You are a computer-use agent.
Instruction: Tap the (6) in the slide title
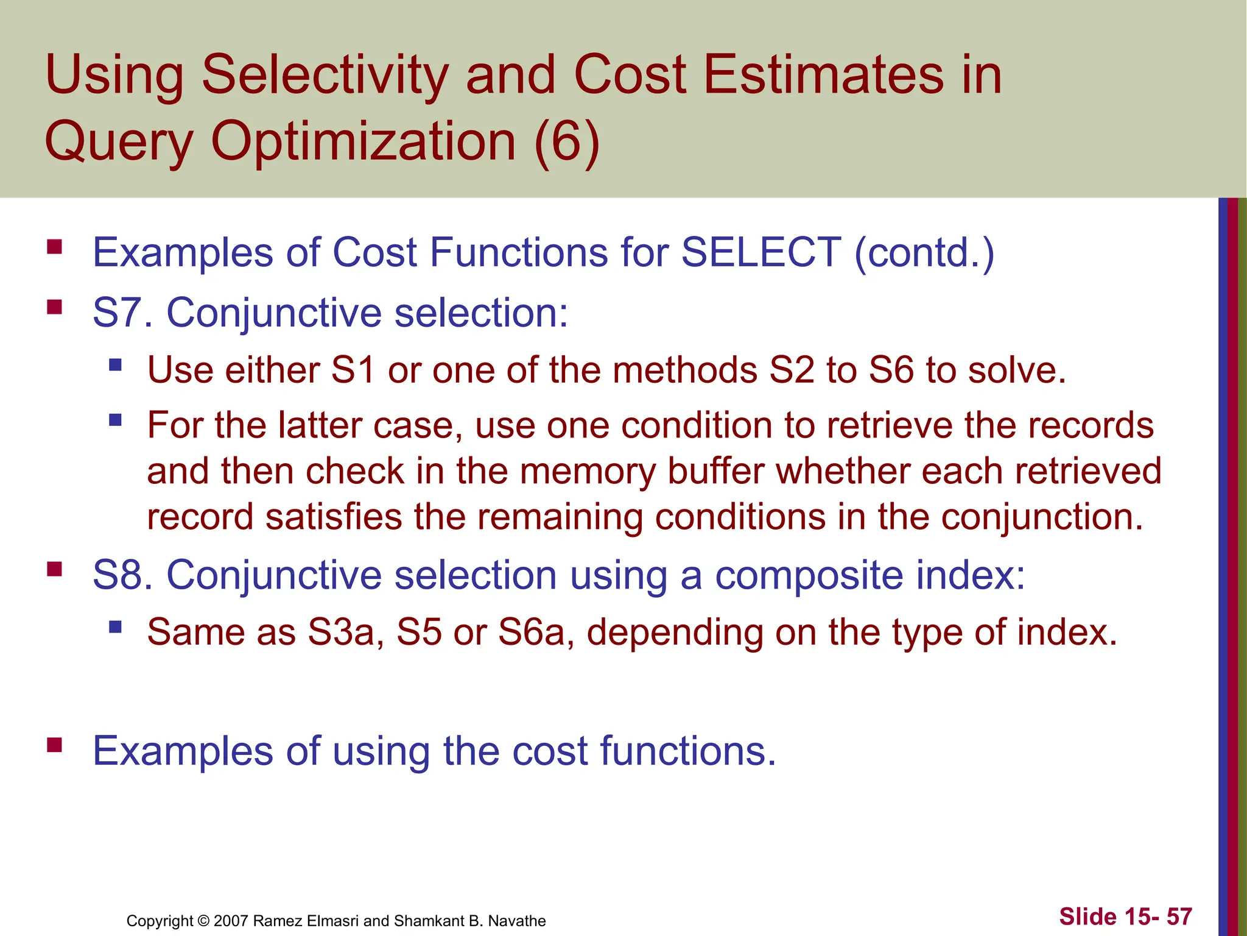(x=566, y=141)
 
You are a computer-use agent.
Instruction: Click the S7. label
(x=122, y=313)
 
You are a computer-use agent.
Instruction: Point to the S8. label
(x=122, y=575)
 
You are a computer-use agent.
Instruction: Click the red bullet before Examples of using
(x=55, y=745)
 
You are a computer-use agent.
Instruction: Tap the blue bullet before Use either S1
(x=115, y=365)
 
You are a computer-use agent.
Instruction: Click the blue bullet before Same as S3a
(x=115, y=626)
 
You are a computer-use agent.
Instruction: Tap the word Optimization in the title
(x=364, y=141)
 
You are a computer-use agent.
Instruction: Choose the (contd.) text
(x=924, y=252)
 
